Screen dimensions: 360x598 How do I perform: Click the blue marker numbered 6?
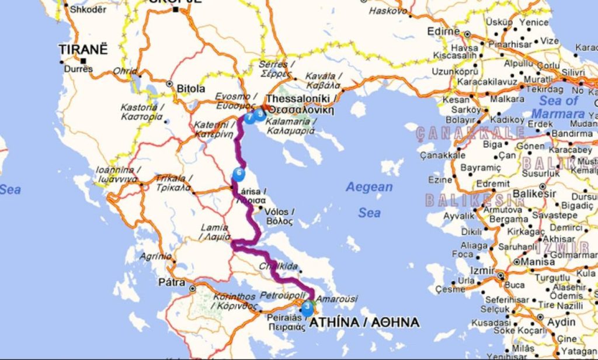(238, 174)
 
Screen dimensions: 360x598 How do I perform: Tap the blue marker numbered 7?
(249, 117)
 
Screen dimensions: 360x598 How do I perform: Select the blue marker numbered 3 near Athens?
(307, 308)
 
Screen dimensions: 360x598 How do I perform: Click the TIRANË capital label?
(84, 50)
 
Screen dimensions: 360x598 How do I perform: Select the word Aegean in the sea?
(369, 187)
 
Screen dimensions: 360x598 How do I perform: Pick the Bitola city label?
(191, 89)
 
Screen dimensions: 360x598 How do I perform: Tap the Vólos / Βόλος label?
(279, 216)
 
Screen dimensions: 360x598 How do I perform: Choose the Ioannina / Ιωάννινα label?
(117, 174)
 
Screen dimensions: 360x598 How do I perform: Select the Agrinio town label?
(155, 256)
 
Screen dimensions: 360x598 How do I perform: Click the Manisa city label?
(537, 261)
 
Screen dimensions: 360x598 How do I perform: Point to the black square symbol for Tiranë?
(84, 60)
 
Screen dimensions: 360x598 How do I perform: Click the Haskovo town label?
(388, 11)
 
